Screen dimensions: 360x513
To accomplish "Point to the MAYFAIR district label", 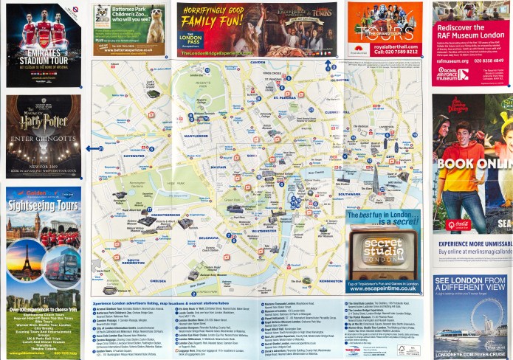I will (x=220, y=167).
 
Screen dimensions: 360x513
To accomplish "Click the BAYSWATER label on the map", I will (x=134, y=156).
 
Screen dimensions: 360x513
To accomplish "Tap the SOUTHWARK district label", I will (x=348, y=195).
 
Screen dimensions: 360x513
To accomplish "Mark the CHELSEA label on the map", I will (x=158, y=281).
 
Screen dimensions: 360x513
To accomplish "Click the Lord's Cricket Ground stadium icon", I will (x=153, y=94).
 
